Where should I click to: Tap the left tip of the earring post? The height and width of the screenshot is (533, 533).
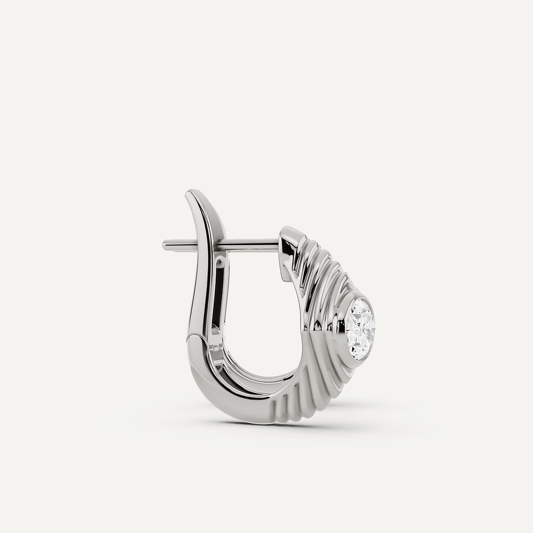tap(165, 245)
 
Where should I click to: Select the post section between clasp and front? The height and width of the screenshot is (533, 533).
tap(251, 244)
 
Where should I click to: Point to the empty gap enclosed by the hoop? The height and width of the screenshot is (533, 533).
tap(261, 314)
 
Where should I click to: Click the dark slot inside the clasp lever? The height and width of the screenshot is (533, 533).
tap(219, 298)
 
